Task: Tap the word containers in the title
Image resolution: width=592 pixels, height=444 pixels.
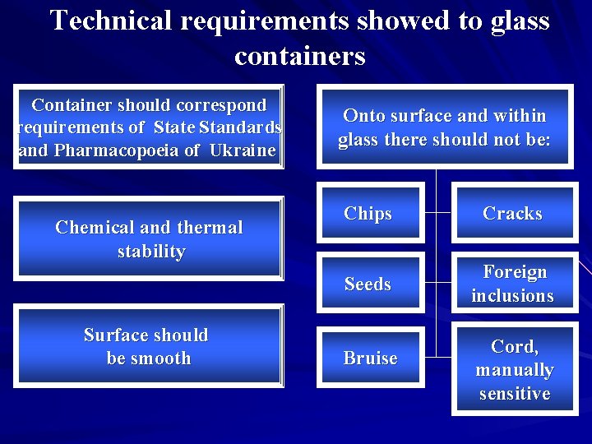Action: click(299, 56)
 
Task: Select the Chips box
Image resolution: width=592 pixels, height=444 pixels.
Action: click(368, 214)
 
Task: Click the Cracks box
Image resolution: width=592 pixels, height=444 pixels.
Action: click(512, 214)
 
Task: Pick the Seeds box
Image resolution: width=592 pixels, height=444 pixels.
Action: click(368, 284)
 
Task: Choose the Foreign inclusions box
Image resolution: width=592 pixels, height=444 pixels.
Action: click(512, 284)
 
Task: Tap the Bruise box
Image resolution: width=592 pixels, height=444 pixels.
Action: click(370, 358)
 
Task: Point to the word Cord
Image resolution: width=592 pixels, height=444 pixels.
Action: click(514, 346)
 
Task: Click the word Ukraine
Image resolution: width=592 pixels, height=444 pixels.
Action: click(243, 150)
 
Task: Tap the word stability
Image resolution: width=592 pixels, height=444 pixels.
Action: click(151, 252)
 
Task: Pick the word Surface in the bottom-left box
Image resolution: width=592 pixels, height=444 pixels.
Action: click(114, 335)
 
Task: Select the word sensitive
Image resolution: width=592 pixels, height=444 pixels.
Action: click(515, 394)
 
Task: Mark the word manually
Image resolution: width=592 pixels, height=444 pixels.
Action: click(515, 370)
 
